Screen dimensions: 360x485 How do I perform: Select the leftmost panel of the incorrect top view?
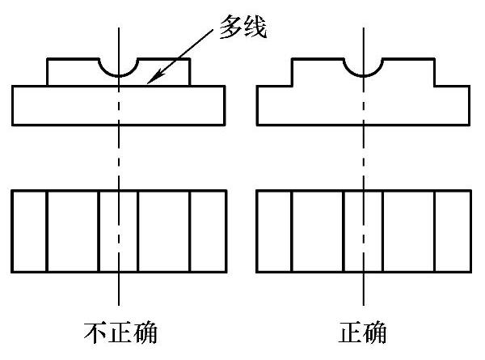pos(29,231)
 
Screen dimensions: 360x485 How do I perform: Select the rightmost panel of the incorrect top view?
pos(208,231)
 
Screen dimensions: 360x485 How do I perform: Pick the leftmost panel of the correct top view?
pos(273,231)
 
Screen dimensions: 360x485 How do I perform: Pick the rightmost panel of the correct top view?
pos(453,231)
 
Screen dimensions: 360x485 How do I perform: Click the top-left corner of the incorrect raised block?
pos(47,58)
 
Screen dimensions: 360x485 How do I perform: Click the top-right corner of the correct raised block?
pos(435,58)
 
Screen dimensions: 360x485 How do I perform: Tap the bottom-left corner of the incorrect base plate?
pos(12,125)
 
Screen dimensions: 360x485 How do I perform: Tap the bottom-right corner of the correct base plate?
pos(470,125)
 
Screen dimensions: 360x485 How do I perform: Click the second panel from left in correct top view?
pos(318,231)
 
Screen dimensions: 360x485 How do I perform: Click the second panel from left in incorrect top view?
pos(73,231)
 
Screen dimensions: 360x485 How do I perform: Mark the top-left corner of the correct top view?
pos(256,191)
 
